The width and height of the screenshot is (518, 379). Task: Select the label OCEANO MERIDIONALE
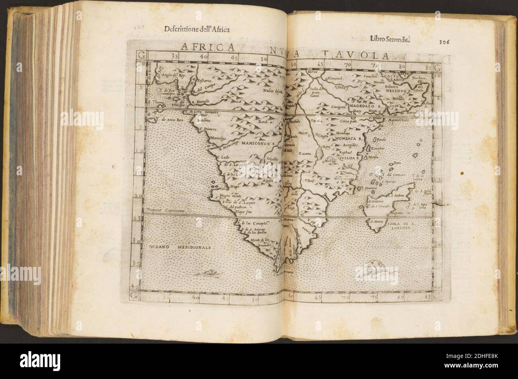180,247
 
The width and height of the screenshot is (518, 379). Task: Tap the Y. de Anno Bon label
169,118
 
